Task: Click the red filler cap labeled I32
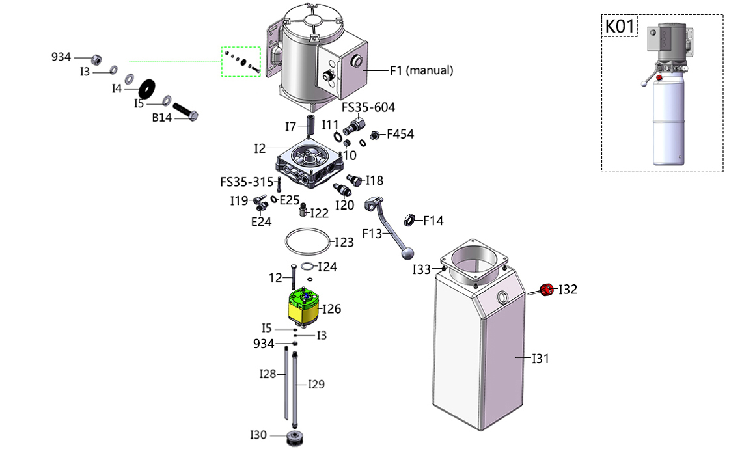pyautogui.click(x=547, y=289)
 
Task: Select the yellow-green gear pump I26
pyautogui.click(x=305, y=306)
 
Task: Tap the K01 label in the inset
pyautogui.click(x=620, y=27)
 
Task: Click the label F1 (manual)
pyautogui.click(x=421, y=70)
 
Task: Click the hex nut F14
pyautogui.click(x=410, y=220)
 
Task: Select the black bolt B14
pyautogui.click(x=185, y=111)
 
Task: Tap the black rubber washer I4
pyautogui.click(x=148, y=86)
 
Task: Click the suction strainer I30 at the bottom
pyautogui.click(x=296, y=437)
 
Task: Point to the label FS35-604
pyautogui.click(x=368, y=107)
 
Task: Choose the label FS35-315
pyautogui.click(x=247, y=182)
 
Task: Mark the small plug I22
pyautogui.click(x=303, y=210)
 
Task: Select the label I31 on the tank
pyautogui.click(x=541, y=358)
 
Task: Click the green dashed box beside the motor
pyautogui.click(x=241, y=61)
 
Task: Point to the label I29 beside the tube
pyautogui.click(x=316, y=384)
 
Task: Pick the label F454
pyautogui.click(x=400, y=135)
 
